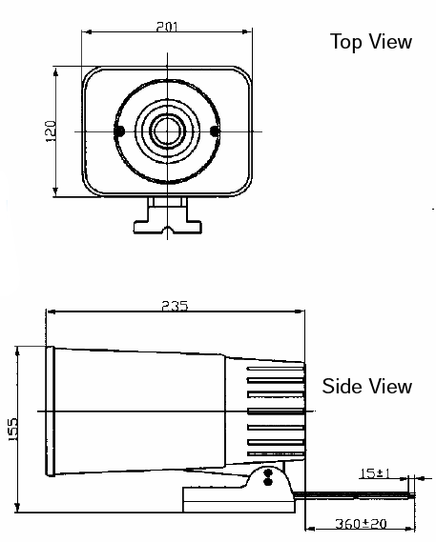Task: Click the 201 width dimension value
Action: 167,27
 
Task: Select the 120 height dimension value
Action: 51,130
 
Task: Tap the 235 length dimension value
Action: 175,306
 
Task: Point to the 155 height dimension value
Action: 12,430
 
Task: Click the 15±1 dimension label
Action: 375,472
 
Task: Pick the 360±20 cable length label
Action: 361,524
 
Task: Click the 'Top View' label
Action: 371,42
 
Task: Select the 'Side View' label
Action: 367,386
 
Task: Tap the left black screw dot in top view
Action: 119,131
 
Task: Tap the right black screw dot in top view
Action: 215,131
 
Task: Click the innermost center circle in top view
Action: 168,131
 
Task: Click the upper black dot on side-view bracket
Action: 268,472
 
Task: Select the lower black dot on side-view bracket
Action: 268,481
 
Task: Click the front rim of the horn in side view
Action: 51,412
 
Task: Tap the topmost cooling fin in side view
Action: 276,370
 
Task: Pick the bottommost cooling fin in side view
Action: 276,453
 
